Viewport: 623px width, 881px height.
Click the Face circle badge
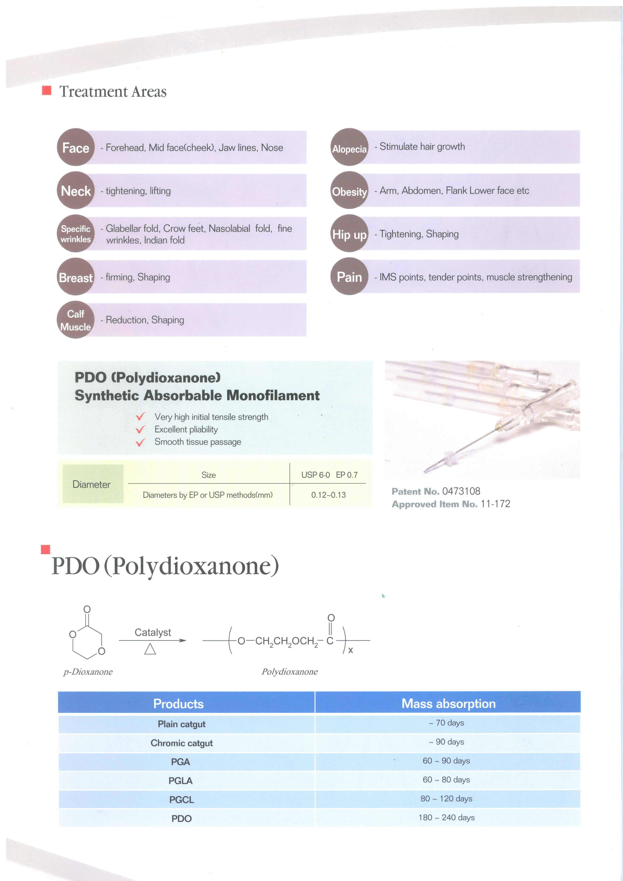(76, 147)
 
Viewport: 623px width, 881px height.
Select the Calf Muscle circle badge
(76, 320)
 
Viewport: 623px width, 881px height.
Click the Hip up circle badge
(350, 233)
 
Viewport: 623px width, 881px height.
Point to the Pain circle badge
(350, 276)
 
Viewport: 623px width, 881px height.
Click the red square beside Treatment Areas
(46, 90)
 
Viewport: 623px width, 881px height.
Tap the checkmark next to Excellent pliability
(140, 429)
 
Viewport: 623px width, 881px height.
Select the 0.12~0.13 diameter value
(328, 495)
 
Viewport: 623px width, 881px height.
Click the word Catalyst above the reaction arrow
(153, 632)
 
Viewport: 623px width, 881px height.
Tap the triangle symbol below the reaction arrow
(150, 649)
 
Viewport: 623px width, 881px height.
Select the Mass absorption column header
(448, 703)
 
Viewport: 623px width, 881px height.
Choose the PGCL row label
(182, 800)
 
